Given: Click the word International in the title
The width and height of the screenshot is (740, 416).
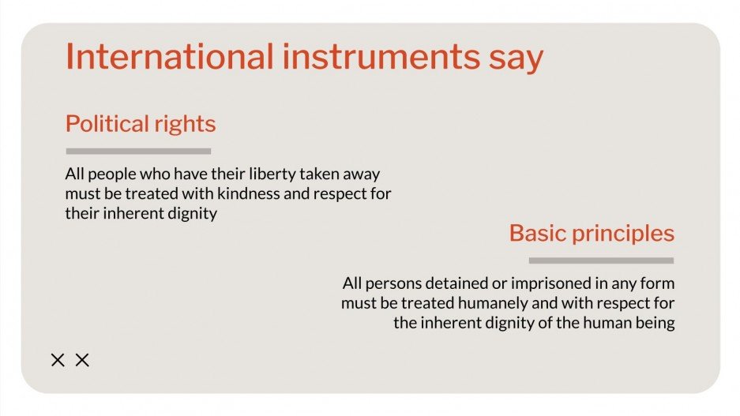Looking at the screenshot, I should [x=167, y=58].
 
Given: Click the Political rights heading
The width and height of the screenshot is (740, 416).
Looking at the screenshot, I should [x=140, y=125].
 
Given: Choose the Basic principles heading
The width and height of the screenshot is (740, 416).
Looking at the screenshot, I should [x=592, y=234].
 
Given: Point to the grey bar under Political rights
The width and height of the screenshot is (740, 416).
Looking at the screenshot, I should [x=138, y=151].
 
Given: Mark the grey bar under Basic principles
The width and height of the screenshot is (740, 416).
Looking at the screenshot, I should [x=601, y=260].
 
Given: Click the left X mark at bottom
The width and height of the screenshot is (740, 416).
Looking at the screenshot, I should [x=58, y=361].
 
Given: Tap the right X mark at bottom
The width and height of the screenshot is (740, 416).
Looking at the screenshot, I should [x=82, y=361].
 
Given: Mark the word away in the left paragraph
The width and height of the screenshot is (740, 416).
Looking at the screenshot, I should [x=370, y=174].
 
